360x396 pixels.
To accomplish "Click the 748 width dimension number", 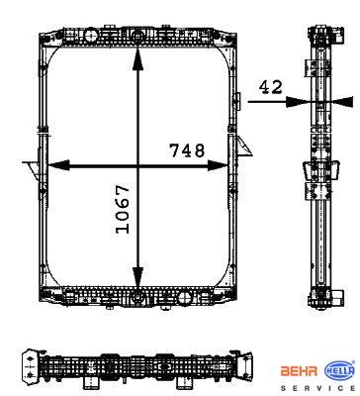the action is click(x=187, y=150).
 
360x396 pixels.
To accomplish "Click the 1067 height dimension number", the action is click(x=123, y=209).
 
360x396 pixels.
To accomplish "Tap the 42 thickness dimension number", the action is click(x=271, y=87).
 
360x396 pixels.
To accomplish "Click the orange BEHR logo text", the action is click(x=299, y=371).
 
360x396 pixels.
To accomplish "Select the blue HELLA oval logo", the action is click(x=340, y=371).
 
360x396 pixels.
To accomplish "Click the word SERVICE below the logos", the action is click(x=317, y=388).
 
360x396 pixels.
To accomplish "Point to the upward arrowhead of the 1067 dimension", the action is click(x=137, y=58).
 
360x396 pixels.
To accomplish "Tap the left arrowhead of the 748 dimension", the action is click(x=58, y=165).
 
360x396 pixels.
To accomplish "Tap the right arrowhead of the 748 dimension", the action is click(x=218, y=165).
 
